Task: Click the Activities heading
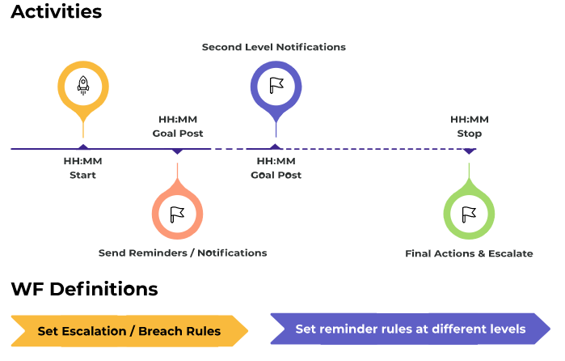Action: point(57,12)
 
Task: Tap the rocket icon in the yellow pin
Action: point(83,86)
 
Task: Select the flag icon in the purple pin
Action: point(276,86)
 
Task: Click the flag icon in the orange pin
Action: point(177,214)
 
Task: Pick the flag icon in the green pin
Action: point(469,214)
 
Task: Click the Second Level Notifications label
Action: point(274,47)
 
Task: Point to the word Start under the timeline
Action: point(83,175)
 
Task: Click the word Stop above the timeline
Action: point(470,134)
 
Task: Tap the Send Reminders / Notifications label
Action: point(183,253)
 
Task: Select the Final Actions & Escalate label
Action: point(469,254)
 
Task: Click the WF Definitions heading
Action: point(84,289)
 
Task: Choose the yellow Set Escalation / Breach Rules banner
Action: point(129,331)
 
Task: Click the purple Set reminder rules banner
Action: point(411,329)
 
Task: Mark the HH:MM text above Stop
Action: point(470,120)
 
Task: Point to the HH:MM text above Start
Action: point(83,161)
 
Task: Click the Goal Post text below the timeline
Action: point(276,175)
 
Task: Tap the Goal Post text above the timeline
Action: point(178,134)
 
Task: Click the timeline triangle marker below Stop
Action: point(469,151)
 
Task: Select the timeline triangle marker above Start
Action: point(83,147)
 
